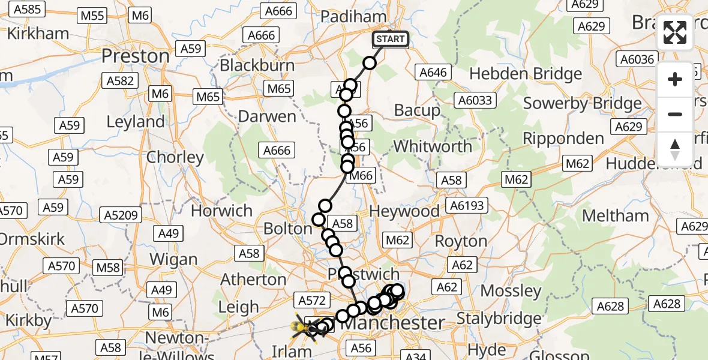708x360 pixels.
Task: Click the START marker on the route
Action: (x=391, y=40)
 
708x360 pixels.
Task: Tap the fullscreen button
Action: (x=675, y=32)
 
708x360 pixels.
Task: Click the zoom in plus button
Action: (x=675, y=79)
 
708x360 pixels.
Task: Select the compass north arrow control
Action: (x=675, y=149)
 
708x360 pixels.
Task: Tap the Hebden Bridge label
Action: (x=526, y=74)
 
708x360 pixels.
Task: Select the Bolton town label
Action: (x=288, y=229)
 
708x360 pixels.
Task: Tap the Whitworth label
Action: (x=433, y=146)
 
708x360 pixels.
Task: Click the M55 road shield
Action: (x=92, y=16)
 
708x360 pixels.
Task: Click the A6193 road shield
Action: (x=466, y=206)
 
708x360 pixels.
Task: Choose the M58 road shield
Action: (x=109, y=267)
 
